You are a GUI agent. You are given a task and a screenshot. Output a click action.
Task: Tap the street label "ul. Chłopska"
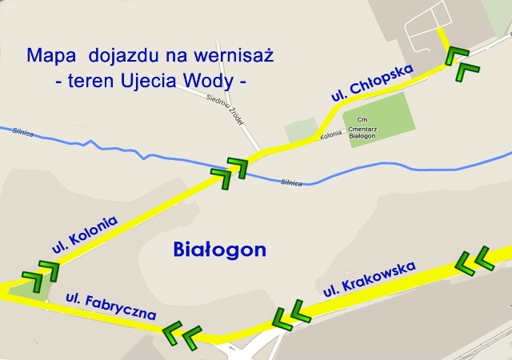pyautogui.click(x=372, y=83)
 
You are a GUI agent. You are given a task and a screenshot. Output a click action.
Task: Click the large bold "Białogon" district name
pyautogui.click(x=219, y=250)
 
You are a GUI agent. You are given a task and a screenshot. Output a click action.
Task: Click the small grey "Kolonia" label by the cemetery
pyautogui.click(x=331, y=136)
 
